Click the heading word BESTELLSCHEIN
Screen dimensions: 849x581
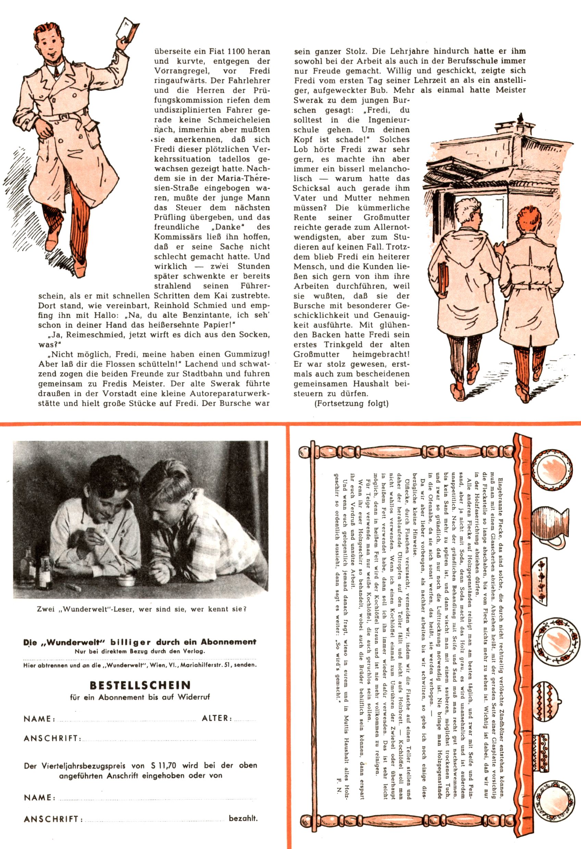[140, 685]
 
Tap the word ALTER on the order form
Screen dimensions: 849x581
[217, 718]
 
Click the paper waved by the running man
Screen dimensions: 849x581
[128, 29]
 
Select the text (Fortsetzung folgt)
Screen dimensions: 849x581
[351, 403]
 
